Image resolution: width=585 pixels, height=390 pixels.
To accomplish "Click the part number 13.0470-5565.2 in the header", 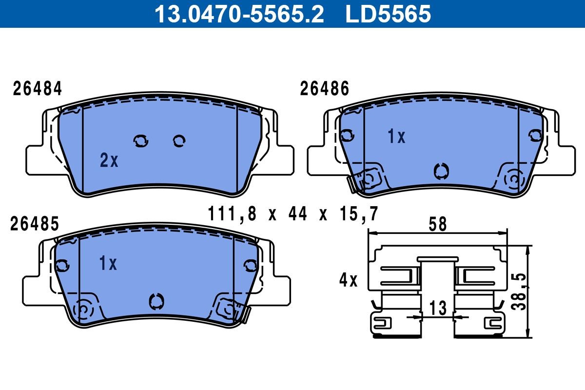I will [239, 14].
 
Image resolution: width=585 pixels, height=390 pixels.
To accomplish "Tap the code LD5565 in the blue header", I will [389, 14].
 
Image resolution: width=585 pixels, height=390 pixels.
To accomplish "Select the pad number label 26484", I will [38, 89].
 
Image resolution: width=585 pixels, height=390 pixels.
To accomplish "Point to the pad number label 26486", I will [325, 89].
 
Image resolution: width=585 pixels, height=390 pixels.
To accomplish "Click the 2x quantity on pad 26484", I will [109, 160].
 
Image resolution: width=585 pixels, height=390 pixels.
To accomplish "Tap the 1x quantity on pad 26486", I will [396, 137].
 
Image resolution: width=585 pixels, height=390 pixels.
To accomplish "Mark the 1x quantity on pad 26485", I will [108, 264].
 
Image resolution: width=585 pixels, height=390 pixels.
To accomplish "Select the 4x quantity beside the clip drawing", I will [349, 280].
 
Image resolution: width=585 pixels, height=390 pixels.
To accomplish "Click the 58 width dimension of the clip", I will [437, 225].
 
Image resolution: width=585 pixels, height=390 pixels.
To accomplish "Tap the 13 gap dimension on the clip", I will [438, 308].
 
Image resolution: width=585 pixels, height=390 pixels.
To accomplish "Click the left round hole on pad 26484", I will [141, 141].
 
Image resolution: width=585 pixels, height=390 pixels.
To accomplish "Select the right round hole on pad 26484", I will [179, 141].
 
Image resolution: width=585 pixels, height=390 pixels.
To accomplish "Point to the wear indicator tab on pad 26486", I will [351, 183].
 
